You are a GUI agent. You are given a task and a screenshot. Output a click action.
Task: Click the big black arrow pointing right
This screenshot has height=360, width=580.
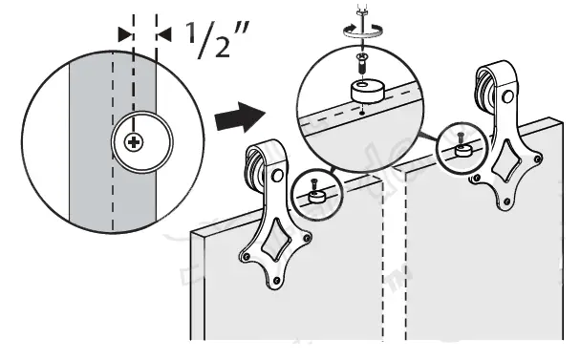pos(238,118)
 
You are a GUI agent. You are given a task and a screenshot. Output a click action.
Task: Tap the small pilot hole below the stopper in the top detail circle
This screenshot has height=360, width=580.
pos(365,112)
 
